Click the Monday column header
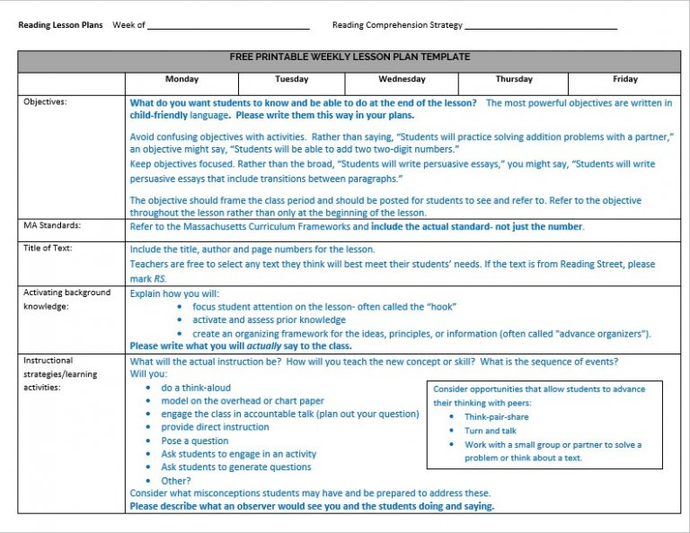tap(181, 80)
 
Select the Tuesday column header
tap(292, 80)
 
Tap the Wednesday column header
tap(402, 80)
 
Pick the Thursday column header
tap(514, 80)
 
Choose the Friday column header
tap(625, 80)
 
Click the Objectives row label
tap(45, 102)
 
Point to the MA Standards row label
tap(51, 226)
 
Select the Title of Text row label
tap(49, 248)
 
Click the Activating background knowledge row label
tap(66, 299)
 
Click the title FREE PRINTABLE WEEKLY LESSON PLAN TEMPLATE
tap(349, 57)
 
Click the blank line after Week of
tap(228, 26)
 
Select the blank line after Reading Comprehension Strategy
tap(541, 26)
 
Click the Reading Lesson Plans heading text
tap(60, 25)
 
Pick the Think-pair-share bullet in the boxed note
tap(496, 417)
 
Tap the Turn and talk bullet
tap(491, 431)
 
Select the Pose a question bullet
tap(195, 441)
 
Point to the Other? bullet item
tap(176, 480)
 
